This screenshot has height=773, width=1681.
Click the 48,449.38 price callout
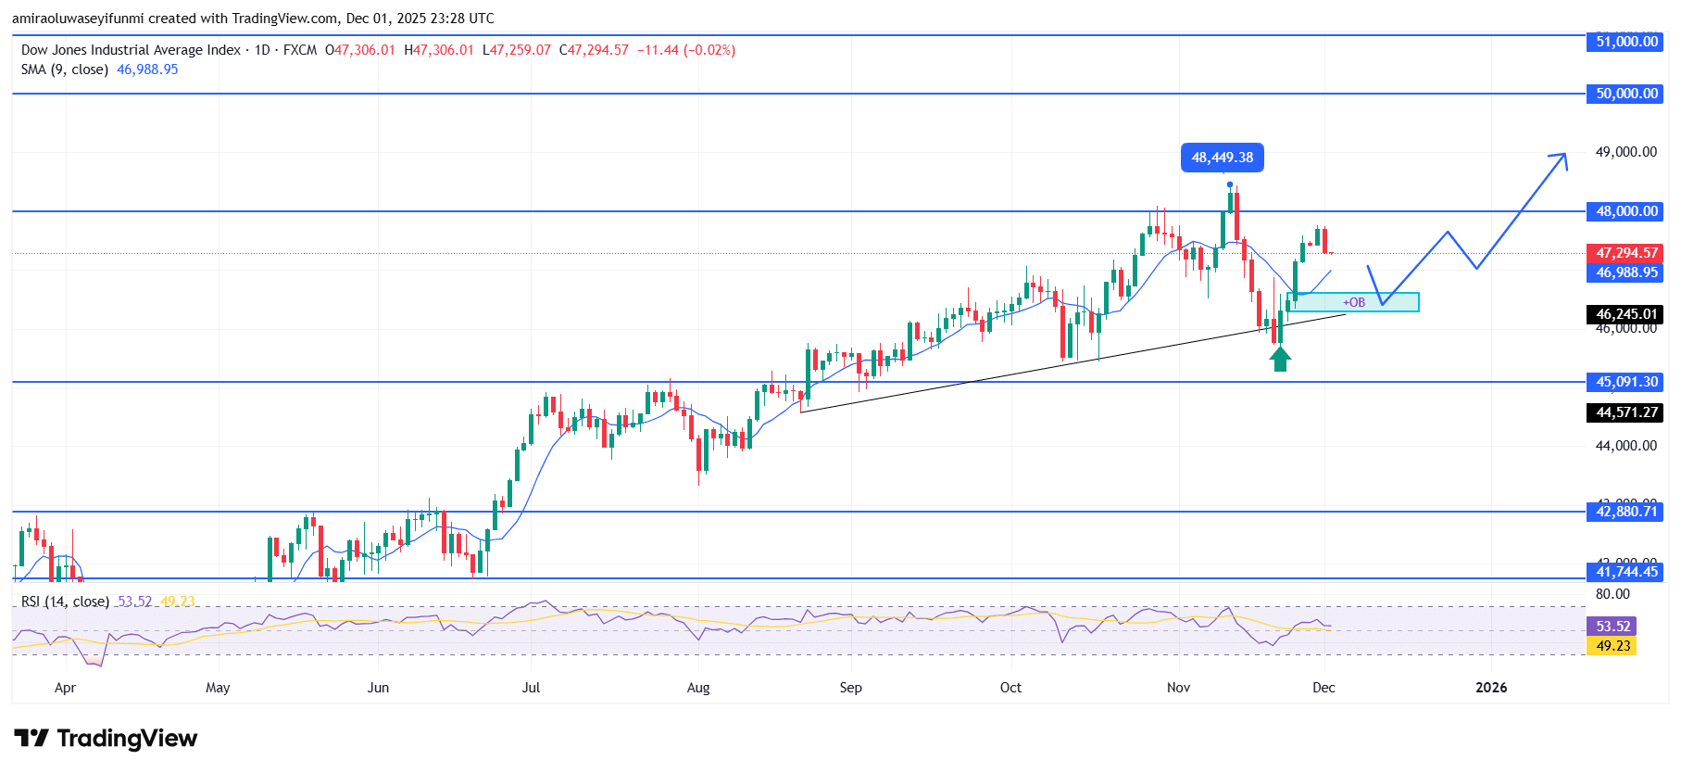(x=1223, y=158)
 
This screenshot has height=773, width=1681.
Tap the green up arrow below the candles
(x=1280, y=359)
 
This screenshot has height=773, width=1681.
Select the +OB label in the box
(x=1354, y=302)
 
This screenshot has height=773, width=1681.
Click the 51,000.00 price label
(x=1626, y=42)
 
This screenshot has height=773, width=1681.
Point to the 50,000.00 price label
(x=1626, y=94)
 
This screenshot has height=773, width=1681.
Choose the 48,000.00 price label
(x=1626, y=211)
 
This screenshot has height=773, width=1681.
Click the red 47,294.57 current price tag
(x=1626, y=253)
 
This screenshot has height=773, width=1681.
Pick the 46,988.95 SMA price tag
(x=1626, y=272)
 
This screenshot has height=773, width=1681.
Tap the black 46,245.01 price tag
(x=1626, y=314)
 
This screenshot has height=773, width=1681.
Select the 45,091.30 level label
(x=1626, y=382)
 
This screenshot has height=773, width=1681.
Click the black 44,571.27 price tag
(x=1626, y=412)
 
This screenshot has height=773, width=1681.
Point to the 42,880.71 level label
(x=1626, y=512)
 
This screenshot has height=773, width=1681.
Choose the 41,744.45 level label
(x=1626, y=572)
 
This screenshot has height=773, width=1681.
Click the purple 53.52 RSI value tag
(x=1612, y=627)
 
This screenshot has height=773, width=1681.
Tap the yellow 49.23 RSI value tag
(x=1612, y=646)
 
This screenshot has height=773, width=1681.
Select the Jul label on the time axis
(x=531, y=688)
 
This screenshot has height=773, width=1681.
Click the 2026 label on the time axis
(x=1491, y=688)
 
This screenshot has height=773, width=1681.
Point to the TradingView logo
(x=106, y=739)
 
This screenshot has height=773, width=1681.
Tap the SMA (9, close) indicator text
(x=65, y=70)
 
